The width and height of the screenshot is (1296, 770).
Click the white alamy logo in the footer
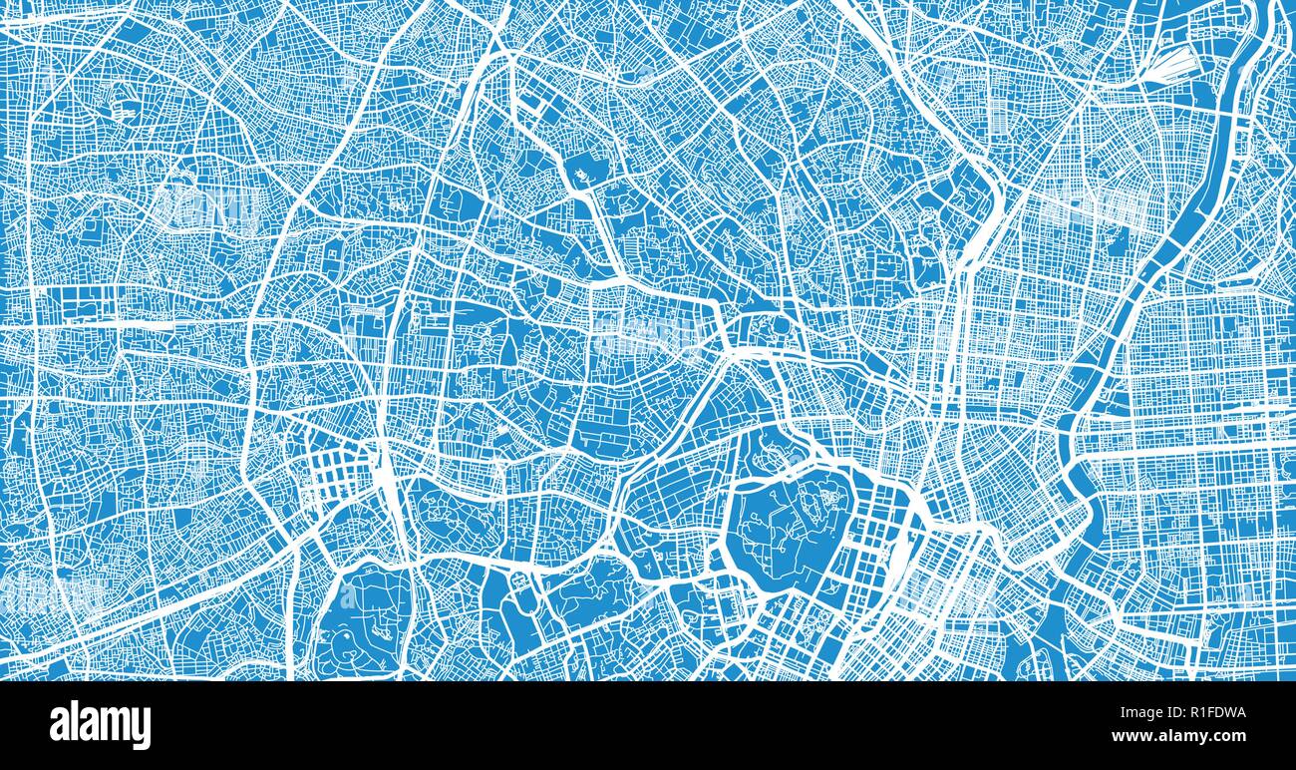click(x=100, y=725)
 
